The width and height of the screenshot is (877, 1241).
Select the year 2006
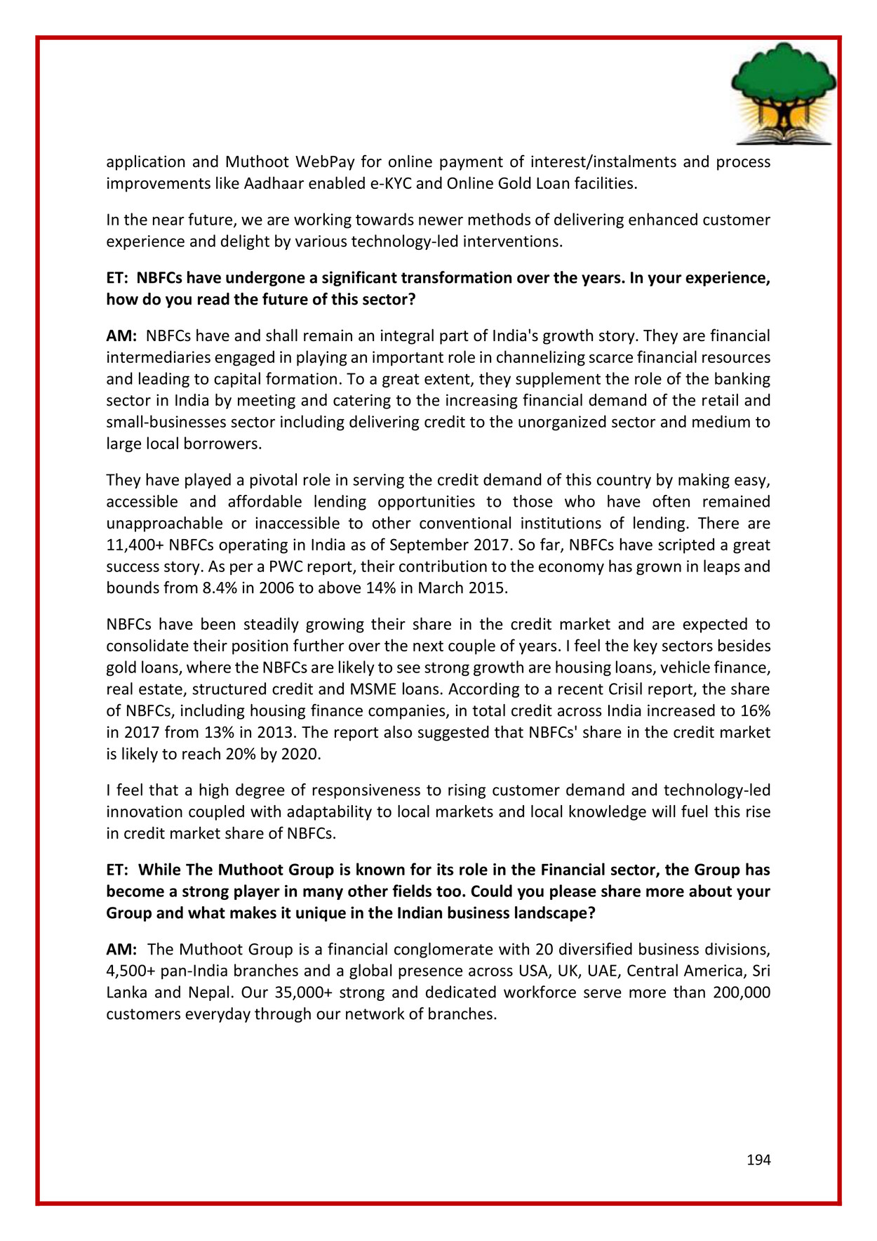(x=276, y=588)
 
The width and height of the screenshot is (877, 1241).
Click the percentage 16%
(x=756, y=711)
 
